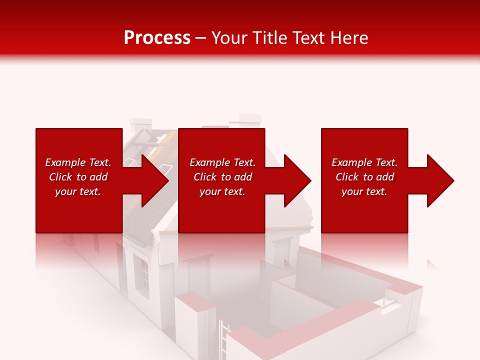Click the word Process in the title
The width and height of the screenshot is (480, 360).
[x=157, y=37]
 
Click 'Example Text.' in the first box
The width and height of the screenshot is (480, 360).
[x=78, y=162]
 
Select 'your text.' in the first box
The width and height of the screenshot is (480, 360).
[x=78, y=191]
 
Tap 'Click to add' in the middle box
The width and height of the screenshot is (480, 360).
[x=222, y=177]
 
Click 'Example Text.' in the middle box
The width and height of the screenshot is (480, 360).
[x=222, y=162]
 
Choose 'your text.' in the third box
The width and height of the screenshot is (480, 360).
[x=364, y=191]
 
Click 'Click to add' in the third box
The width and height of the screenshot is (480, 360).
[x=364, y=177]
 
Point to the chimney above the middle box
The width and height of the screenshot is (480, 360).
[x=248, y=120]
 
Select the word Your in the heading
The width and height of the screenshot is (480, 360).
[x=229, y=37]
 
